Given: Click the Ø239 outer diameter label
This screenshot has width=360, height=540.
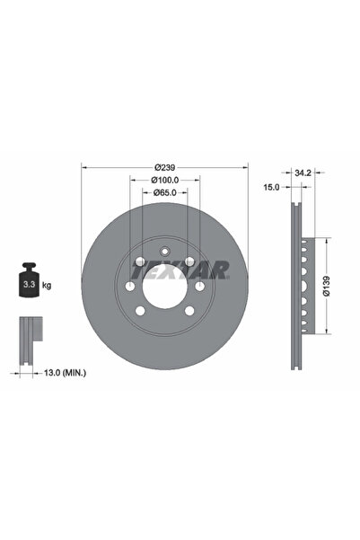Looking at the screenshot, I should coord(163,167).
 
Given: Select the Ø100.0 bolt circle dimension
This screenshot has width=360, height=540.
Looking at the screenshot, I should coord(163,180).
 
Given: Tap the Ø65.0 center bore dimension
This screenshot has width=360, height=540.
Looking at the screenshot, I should coord(163,192).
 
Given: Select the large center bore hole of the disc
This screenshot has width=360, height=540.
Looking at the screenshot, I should coord(163,285).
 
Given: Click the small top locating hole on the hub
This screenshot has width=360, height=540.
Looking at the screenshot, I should coord(163,252).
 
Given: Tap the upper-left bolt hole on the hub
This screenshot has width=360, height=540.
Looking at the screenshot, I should coord(141,261).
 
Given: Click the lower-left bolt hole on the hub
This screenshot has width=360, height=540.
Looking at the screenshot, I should coord(141,310).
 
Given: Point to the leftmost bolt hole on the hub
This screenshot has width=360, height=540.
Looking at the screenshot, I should coord(131,286).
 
